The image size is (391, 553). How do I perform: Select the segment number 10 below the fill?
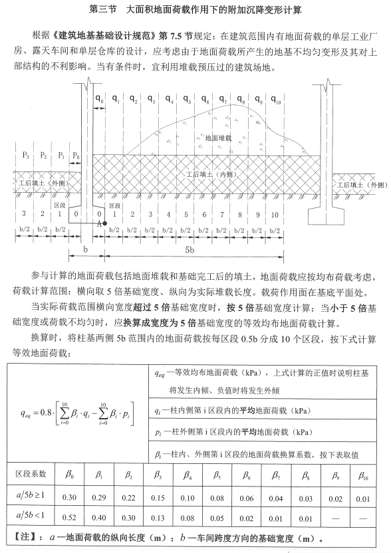tap(277, 214)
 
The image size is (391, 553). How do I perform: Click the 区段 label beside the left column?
tap(60, 205)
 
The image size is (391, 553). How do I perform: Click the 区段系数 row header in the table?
tap(31, 475)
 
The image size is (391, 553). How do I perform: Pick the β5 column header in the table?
tap(217, 475)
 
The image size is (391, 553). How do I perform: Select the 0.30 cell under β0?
tap(69, 496)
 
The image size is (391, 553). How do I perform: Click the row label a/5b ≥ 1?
tap(31, 496)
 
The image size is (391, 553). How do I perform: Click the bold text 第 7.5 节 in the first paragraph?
tap(195, 33)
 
